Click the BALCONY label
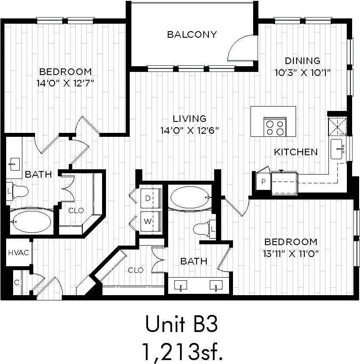click(192, 35)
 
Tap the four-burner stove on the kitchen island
click(275, 127)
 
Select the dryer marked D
click(150, 198)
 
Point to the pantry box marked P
click(264, 181)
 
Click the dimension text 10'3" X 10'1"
click(302, 72)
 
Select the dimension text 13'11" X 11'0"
click(290, 253)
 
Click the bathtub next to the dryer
click(190, 198)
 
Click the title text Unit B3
click(181, 325)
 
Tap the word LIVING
click(189, 118)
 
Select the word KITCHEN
click(296, 152)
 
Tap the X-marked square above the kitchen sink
click(338, 128)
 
